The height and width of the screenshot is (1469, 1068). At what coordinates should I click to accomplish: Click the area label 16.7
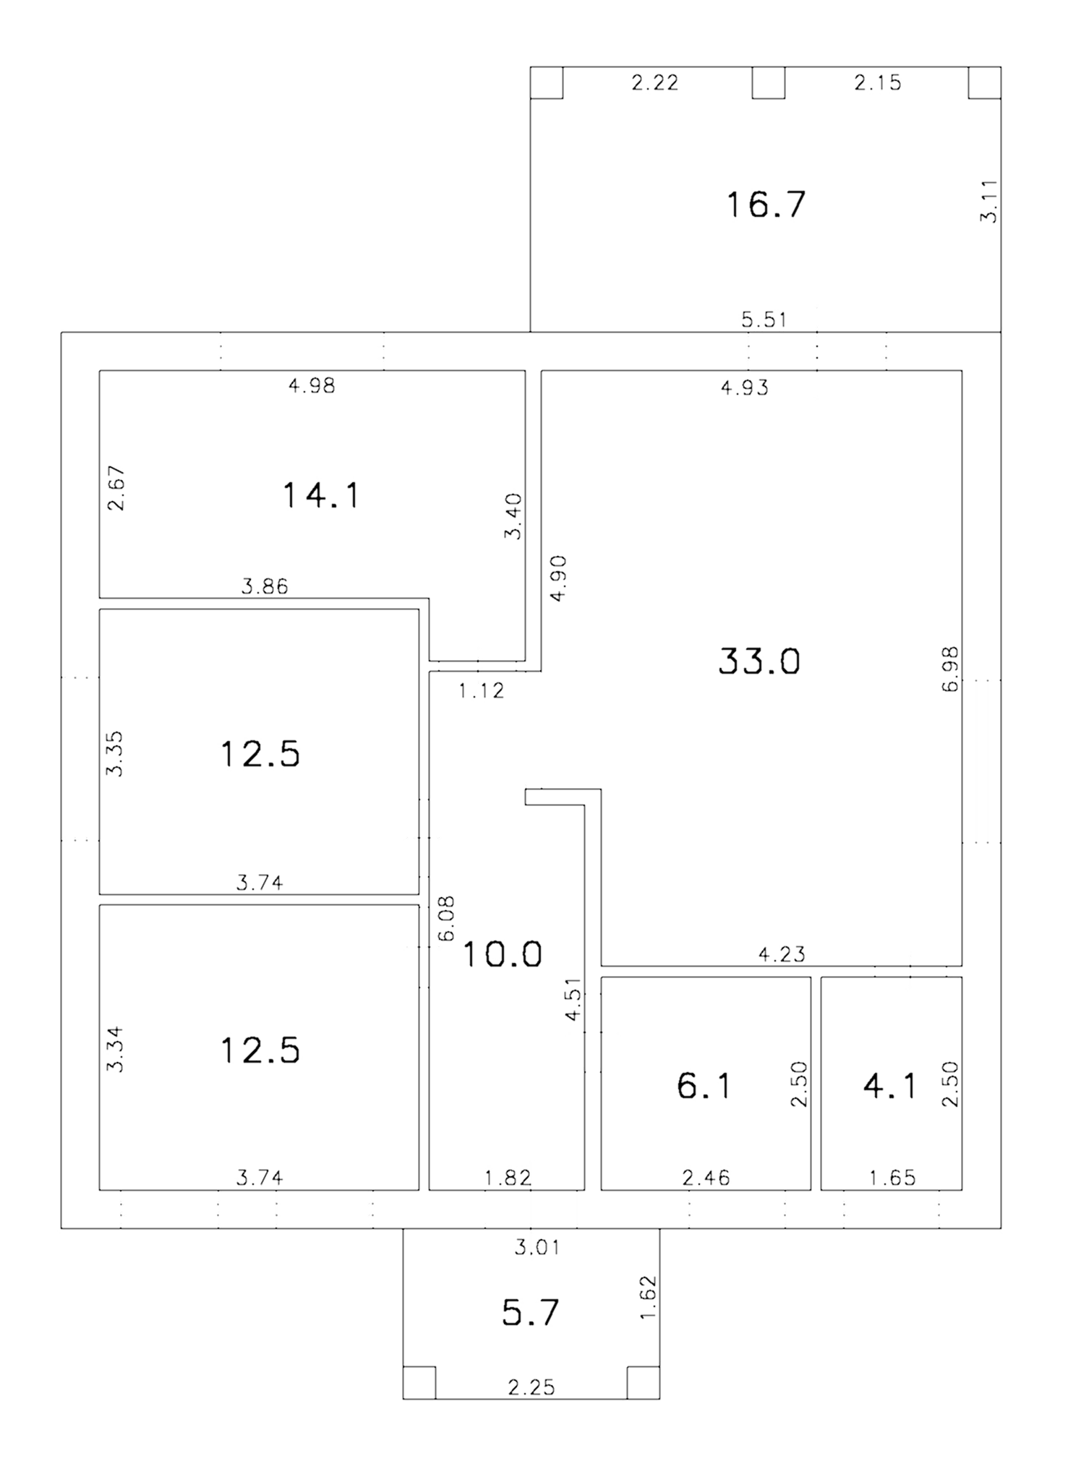pos(765,205)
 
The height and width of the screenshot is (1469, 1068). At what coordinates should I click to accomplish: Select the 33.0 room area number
pos(759,661)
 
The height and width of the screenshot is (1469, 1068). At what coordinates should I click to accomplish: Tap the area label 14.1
pos(320,496)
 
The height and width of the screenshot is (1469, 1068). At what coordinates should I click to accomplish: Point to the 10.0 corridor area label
pos(502,954)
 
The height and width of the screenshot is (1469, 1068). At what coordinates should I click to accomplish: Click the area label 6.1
pos(704,1086)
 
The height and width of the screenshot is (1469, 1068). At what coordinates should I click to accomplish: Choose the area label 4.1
pos(890,1086)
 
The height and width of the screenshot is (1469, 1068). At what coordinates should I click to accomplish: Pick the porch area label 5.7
pos(531,1313)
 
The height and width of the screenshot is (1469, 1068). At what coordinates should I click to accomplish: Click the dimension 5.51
pos(764,319)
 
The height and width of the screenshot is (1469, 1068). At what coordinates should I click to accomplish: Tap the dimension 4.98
pos(312,385)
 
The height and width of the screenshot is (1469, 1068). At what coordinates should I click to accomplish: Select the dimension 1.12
pos(482,691)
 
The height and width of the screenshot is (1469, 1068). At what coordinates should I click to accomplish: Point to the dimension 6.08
pos(446,918)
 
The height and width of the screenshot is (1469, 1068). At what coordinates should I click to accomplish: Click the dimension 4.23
pos(782,954)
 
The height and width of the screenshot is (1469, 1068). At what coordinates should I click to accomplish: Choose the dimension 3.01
pos(537,1247)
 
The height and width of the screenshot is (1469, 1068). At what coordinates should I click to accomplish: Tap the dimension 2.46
pos(706,1178)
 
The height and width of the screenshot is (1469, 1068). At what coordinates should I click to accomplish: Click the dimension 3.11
pos(988,202)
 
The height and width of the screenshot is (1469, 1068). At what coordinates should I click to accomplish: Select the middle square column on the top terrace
pos(768,82)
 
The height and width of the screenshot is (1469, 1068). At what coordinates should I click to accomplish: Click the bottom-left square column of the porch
pos(419,1382)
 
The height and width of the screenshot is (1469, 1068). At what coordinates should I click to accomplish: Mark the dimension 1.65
pos(892,1178)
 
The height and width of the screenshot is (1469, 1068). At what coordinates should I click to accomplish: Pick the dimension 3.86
pos(265,586)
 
